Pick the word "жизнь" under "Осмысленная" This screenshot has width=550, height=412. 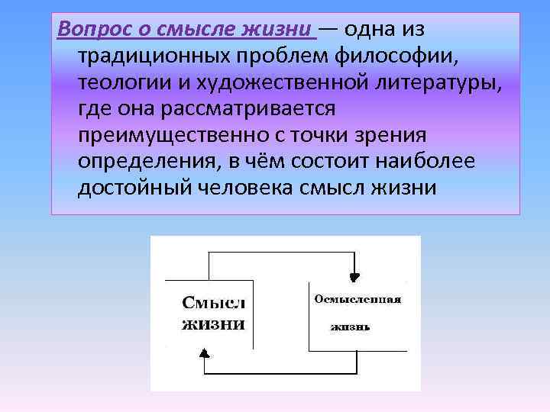coord(351,327)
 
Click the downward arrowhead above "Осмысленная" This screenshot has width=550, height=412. coord(353,277)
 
